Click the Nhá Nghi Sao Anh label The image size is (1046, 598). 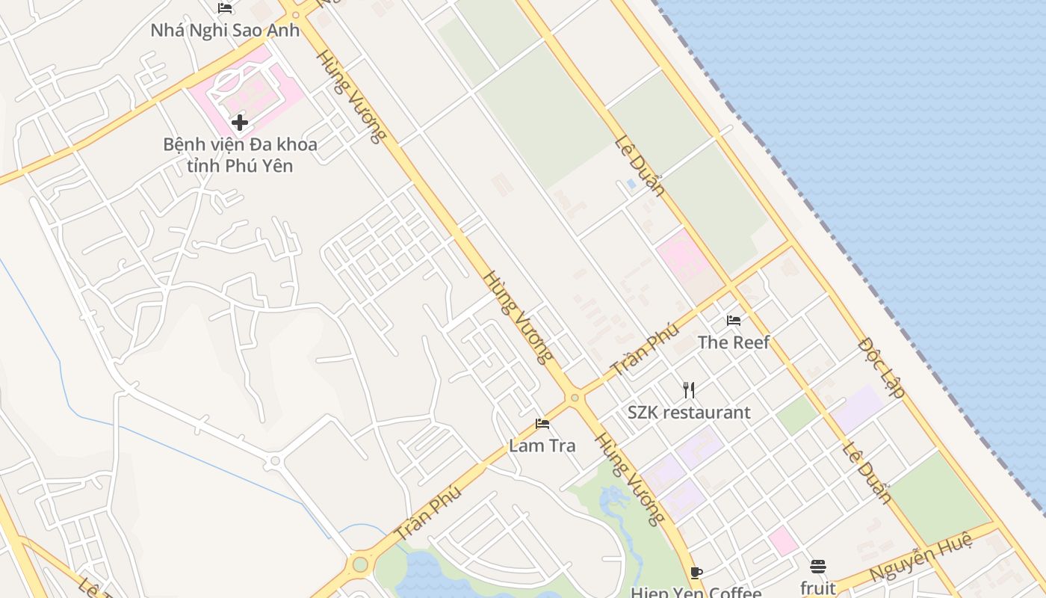[225, 31]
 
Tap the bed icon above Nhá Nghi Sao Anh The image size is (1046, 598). [225, 8]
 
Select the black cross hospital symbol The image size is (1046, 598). [240, 122]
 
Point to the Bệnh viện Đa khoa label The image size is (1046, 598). [240, 144]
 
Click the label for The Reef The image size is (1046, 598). [734, 342]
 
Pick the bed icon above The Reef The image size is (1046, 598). [734, 321]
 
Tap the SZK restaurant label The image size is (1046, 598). [689, 412]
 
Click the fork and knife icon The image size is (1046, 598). [689, 389]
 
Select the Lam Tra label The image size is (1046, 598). [542, 446]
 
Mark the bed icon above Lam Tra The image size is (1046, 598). [542, 424]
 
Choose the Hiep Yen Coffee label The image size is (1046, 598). [696, 592]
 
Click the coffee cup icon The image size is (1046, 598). [696, 573]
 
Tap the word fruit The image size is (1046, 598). [818, 588]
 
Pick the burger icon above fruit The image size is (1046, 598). [818, 566]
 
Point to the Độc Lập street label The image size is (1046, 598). [882, 367]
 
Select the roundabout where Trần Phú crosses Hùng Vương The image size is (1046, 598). [574, 398]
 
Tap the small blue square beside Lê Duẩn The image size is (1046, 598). [631, 183]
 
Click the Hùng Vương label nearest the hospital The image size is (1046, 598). [350, 96]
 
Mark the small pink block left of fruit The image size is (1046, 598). [783, 540]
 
